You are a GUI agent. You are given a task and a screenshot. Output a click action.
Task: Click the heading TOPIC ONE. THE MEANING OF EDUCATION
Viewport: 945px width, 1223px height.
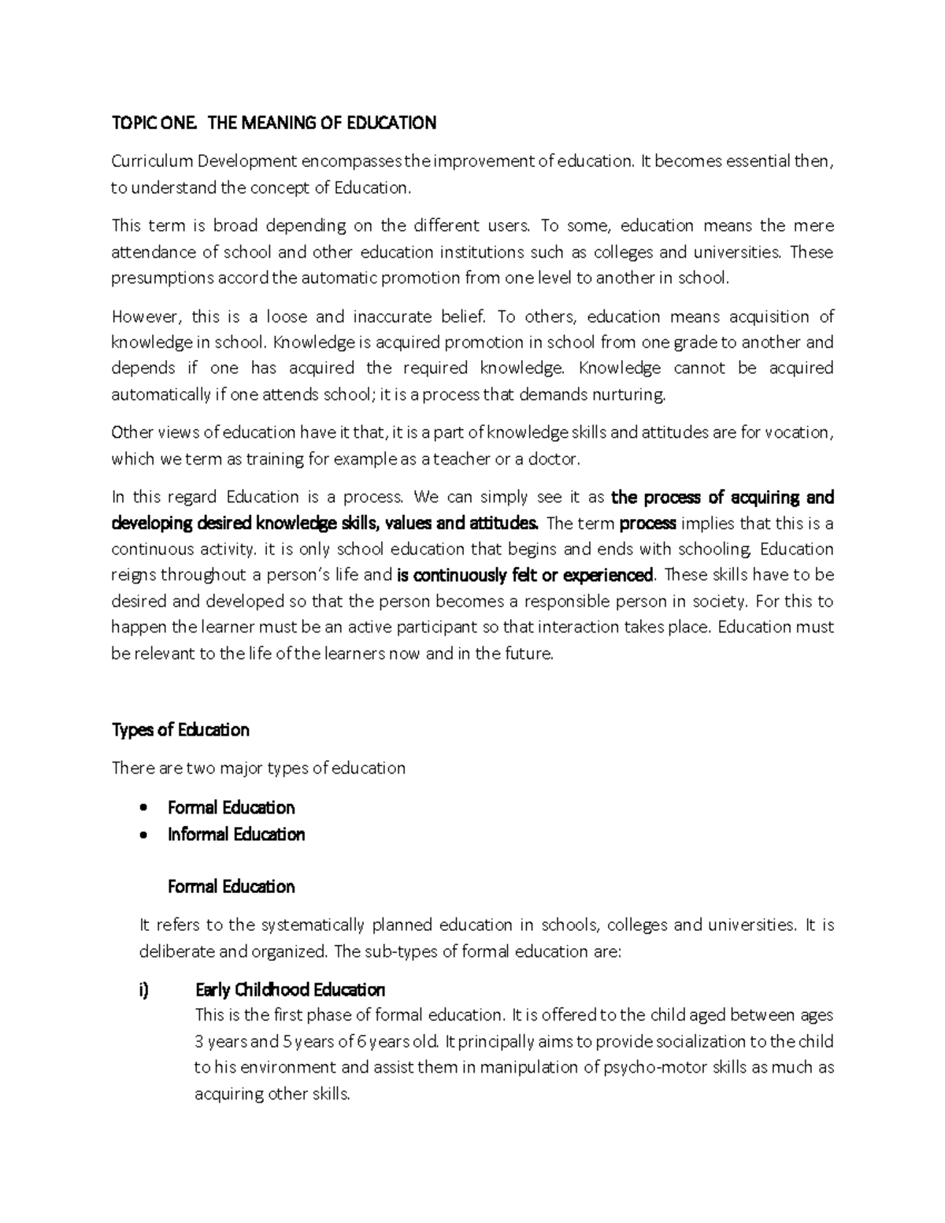(x=273, y=123)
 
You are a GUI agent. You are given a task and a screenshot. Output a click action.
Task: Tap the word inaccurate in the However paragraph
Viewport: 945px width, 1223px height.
(x=392, y=317)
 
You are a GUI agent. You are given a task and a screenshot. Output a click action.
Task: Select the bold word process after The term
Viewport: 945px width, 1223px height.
(x=648, y=524)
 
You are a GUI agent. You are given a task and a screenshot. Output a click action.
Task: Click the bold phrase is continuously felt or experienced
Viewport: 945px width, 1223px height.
(x=525, y=575)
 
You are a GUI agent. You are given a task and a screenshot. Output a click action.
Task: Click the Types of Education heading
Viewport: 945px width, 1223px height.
(x=180, y=730)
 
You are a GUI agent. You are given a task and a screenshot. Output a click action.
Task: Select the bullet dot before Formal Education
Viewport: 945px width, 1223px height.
(x=143, y=808)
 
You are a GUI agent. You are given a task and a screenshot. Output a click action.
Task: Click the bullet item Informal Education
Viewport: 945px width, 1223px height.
(x=236, y=834)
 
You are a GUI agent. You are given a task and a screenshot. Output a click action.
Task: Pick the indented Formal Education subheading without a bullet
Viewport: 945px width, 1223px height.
(x=232, y=887)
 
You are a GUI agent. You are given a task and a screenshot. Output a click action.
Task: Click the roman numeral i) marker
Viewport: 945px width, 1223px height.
(x=143, y=990)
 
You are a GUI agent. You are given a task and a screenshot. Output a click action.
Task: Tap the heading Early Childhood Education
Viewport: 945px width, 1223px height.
(x=290, y=990)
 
